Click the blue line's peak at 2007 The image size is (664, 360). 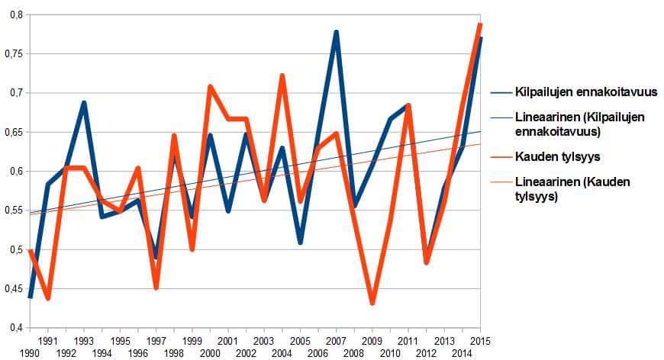[x=337, y=32]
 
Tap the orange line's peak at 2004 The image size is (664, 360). [x=282, y=76]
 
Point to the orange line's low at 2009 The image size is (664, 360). [x=372, y=303]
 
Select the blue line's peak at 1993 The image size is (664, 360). [x=84, y=102]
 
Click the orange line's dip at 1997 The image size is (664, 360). [x=156, y=288]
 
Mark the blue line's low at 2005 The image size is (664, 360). [x=300, y=243]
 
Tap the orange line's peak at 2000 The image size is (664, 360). [x=210, y=86]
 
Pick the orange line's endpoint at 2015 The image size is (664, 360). [x=480, y=24]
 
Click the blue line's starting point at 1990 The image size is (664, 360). [x=30, y=297]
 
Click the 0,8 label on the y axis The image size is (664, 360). [x=18, y=14]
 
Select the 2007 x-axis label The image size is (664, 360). [x=337, y=340]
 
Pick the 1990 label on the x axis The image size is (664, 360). [x=30, y=353]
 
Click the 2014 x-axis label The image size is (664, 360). [x=462, y=353]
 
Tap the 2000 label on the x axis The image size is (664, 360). [x=210, y=353]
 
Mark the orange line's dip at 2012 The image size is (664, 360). [x=427, y=262]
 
